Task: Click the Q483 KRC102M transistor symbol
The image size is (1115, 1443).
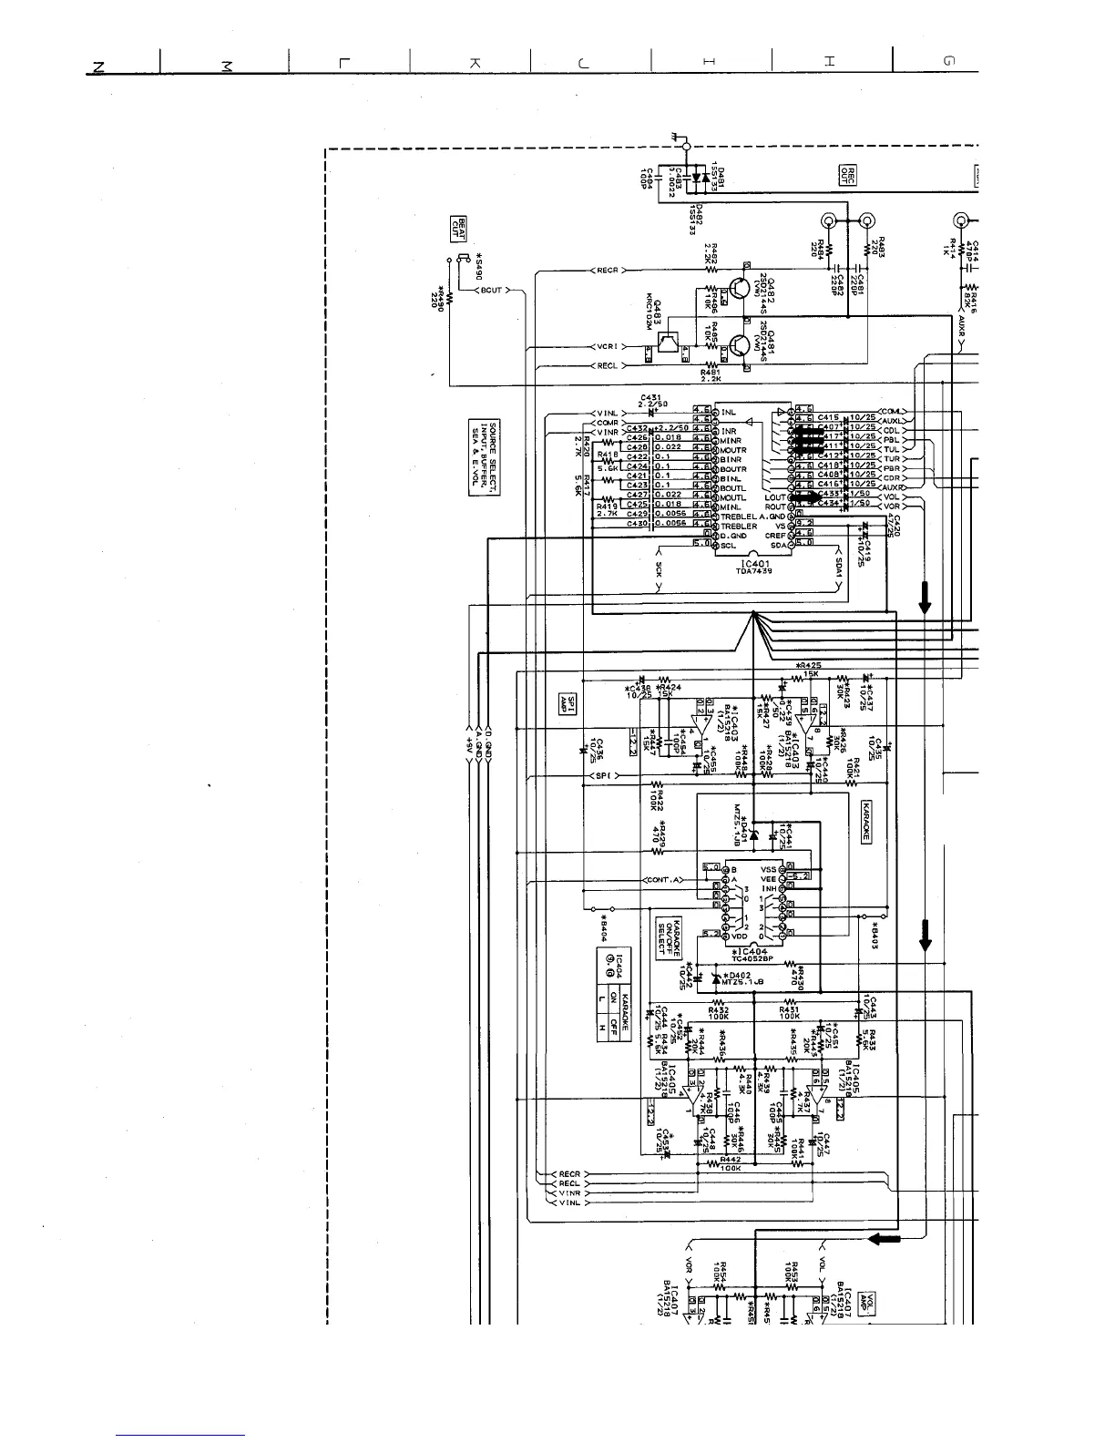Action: tap(669, 344)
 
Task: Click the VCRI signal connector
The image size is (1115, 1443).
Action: tap(607, 347)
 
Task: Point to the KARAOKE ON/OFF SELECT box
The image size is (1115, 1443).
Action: tap(670, 936)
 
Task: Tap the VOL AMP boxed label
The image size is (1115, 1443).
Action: tap(872, 1297)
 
